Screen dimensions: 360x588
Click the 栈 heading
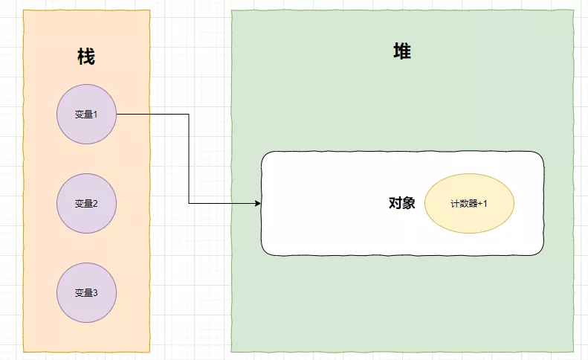(86, 57)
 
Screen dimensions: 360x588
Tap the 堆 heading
(402, 52)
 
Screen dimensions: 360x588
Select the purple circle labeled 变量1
(86, 115)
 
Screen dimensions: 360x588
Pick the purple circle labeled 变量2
(86, 203)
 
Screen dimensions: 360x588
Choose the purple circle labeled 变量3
(86, 292)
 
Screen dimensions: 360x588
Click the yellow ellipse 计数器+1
(469, 203)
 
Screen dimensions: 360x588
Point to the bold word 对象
(401, 203)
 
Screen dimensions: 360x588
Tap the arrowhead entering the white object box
(258, 203)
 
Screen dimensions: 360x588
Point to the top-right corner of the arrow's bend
(189, 115)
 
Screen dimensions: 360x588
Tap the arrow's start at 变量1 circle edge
(117, 115)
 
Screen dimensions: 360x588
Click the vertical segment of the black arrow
(189, 159)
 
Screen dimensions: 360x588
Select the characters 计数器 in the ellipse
(463, 203)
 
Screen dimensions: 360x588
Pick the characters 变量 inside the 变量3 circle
(83, 292)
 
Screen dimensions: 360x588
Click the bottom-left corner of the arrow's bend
(189, 203)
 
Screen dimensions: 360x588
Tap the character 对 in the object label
(395, 203)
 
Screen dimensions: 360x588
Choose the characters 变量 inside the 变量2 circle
(83, 203)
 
